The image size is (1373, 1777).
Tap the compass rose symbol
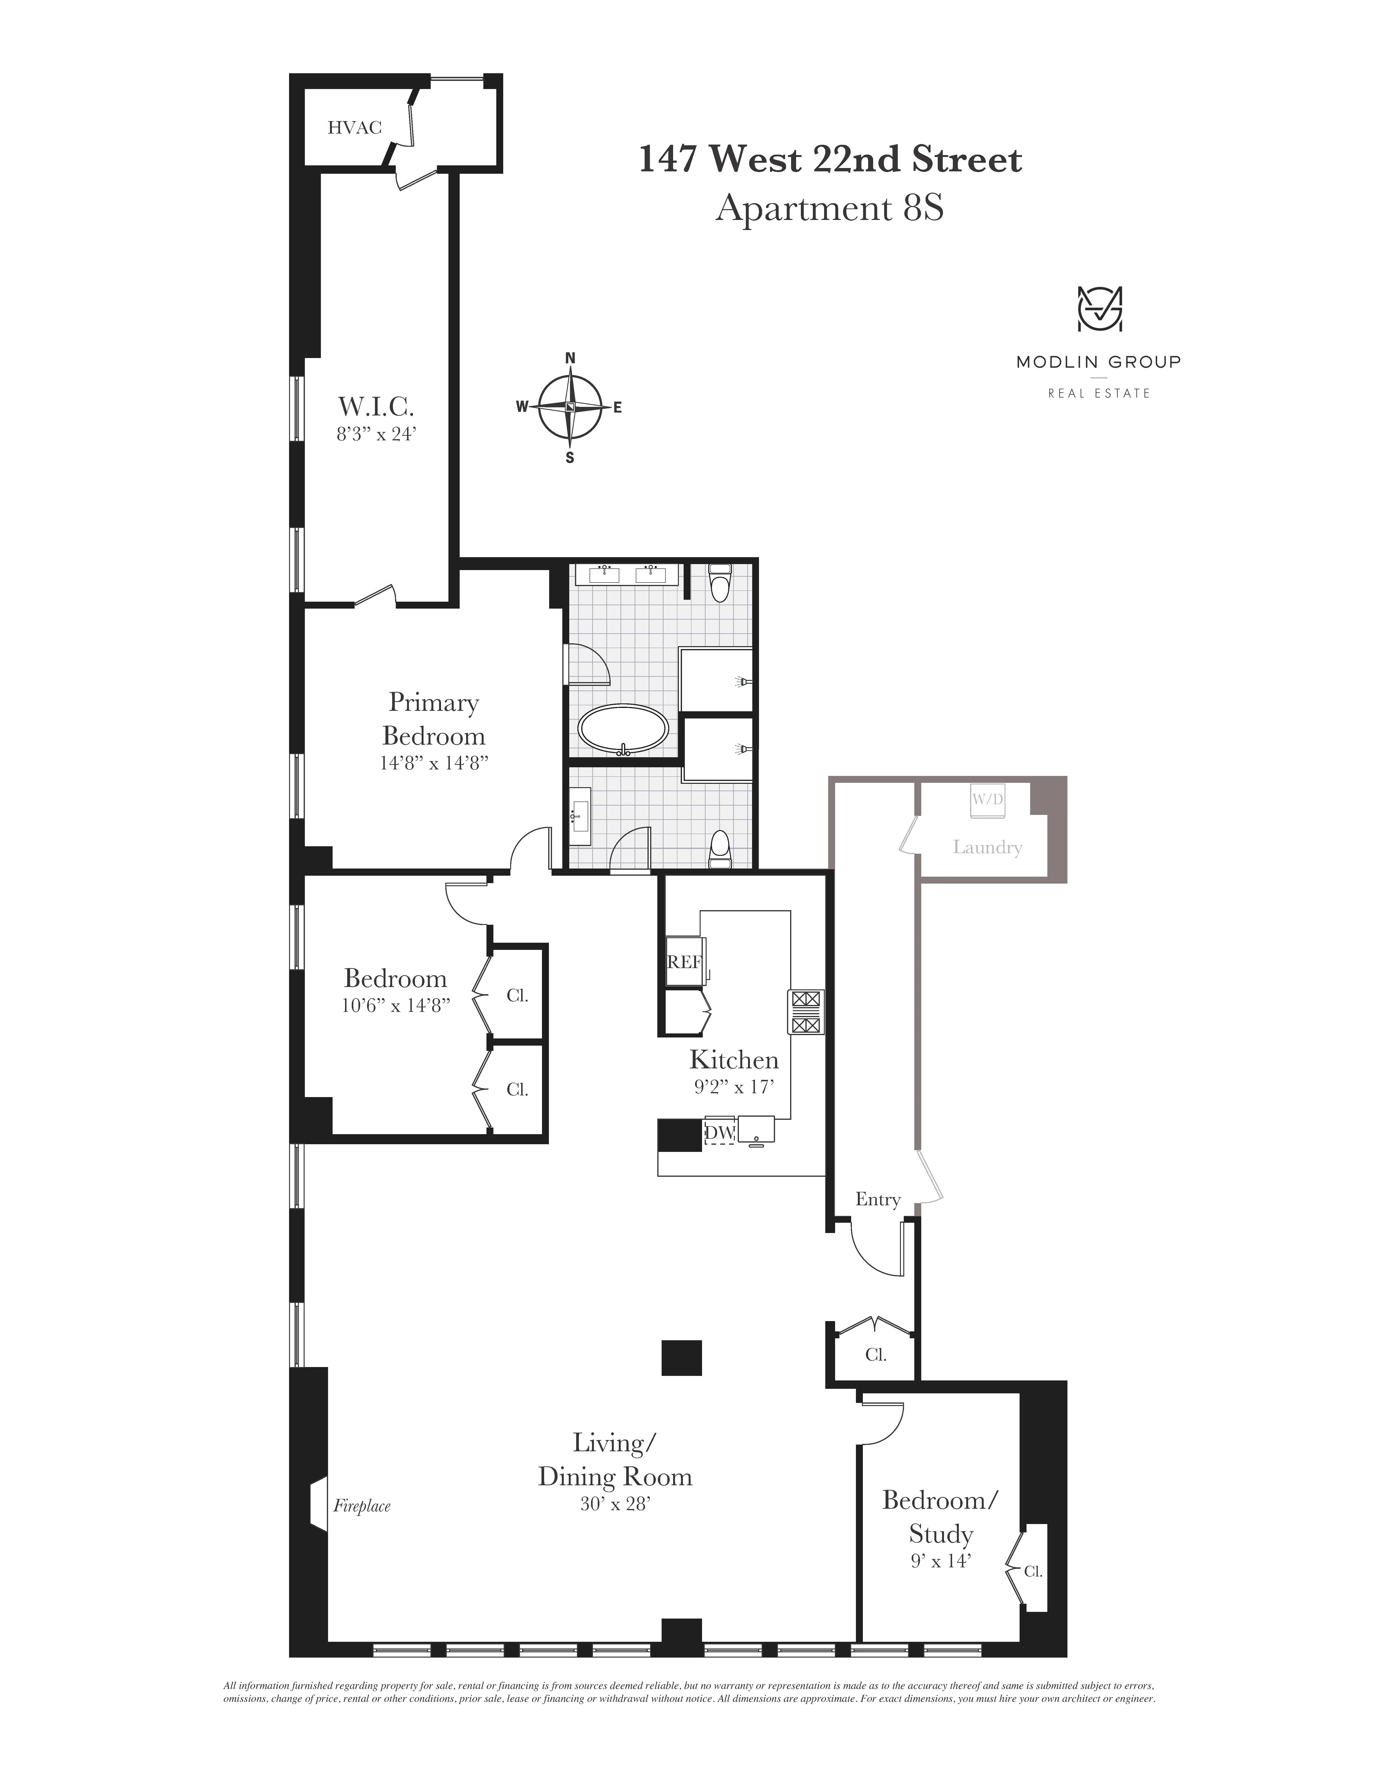570,407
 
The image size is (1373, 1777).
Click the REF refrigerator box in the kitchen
684,962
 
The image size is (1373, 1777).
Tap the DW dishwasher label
719,1132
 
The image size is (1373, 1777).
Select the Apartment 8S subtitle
830,208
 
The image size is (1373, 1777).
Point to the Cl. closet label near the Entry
875,1355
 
